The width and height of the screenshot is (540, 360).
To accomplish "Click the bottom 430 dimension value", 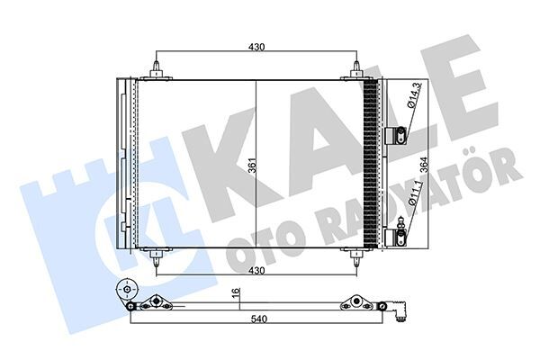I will coord(256,271).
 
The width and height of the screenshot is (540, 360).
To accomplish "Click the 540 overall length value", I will coord(259,319).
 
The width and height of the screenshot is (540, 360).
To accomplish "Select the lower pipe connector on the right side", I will coord(393,237).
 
